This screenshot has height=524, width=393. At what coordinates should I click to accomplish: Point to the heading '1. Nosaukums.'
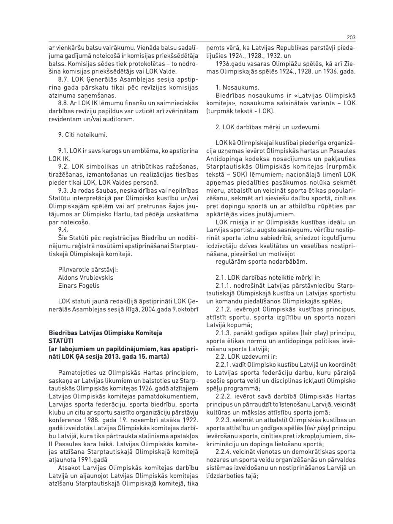[237, 87]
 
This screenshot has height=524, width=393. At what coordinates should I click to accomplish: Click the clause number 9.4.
[63, 230]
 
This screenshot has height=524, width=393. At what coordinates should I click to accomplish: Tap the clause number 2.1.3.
[224, 333]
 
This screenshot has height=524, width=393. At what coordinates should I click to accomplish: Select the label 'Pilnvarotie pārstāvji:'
[88, 270]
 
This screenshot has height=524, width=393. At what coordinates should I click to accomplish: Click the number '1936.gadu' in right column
[229, 63]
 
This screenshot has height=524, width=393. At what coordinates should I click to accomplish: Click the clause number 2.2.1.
[224, 364]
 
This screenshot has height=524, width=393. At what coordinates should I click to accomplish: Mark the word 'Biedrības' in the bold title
[63, 333]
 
